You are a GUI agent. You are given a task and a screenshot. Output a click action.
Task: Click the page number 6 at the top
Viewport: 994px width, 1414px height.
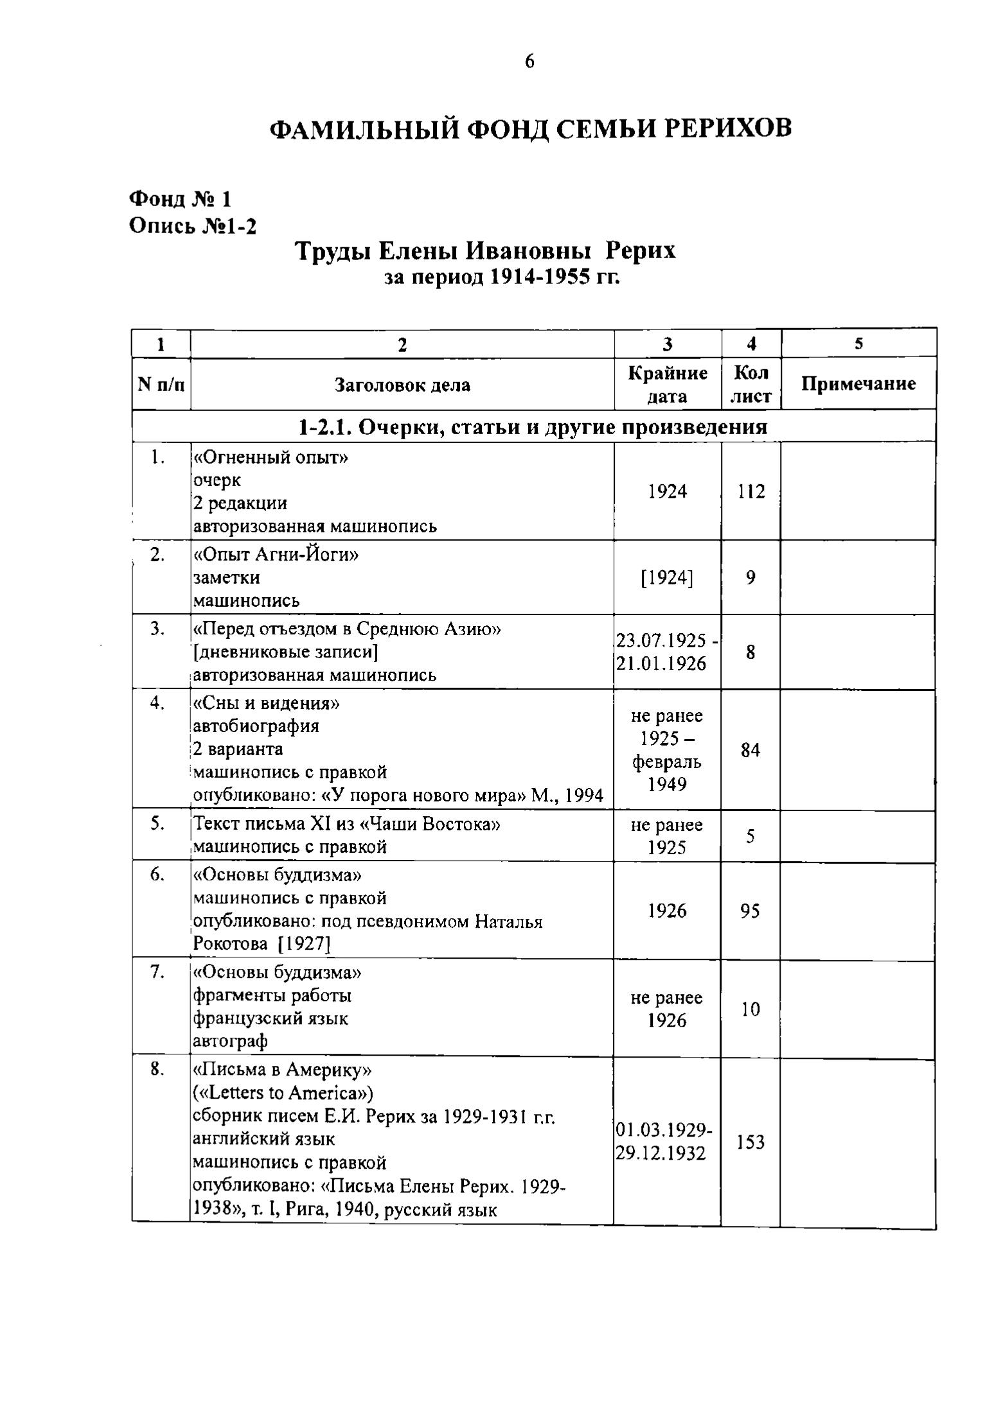tap(529, 62)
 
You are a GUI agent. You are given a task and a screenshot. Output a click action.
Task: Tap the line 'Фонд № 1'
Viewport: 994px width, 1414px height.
tap(180, 199)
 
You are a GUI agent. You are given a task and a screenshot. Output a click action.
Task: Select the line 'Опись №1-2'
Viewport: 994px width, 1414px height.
tap(193, 225)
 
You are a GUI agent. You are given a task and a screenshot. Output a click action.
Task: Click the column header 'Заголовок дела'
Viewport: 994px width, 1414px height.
tap(402, 385)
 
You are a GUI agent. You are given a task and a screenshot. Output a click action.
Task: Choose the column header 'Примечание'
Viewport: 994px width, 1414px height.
tap(858, 384)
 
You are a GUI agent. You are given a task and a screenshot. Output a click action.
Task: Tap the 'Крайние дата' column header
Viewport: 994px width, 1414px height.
tap(667, 385)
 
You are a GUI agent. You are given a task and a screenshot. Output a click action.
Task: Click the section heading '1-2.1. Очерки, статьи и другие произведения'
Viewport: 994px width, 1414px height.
tap(533, 427)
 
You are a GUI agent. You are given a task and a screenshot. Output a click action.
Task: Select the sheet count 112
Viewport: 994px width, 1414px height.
tap(750, 492)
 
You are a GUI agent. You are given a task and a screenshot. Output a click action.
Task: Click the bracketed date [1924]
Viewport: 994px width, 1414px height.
tap(667, 578)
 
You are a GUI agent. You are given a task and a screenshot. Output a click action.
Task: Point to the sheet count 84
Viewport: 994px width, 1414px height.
tap(750, 749)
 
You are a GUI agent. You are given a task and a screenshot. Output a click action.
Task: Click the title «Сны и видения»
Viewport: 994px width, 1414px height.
tap(267, 704)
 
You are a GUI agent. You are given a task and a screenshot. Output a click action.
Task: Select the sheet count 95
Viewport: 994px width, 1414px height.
tap(750, 911)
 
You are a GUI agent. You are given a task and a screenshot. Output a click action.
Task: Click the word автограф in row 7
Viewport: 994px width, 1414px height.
tap(230, 1041)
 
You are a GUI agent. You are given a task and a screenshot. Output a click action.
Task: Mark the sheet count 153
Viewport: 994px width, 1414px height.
tap(750, 1142)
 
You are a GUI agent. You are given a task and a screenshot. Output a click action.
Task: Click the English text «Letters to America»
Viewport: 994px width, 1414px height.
tap(283, 1093)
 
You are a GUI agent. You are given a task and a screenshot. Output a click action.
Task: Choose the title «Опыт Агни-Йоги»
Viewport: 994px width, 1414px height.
tap(276, 554)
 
